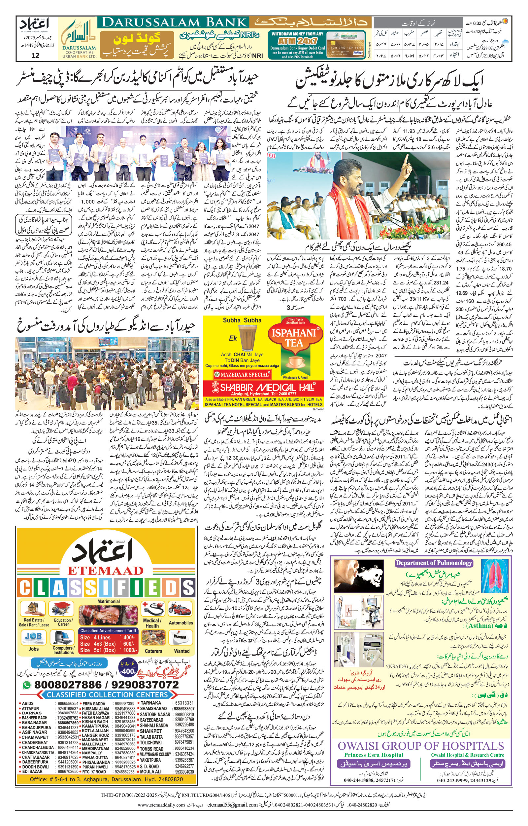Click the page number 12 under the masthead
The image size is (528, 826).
(35, 55)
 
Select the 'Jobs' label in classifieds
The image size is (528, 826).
(34, 649)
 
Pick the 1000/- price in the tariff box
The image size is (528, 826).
(130, 650)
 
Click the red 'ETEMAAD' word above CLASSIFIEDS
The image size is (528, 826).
(106, 571)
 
